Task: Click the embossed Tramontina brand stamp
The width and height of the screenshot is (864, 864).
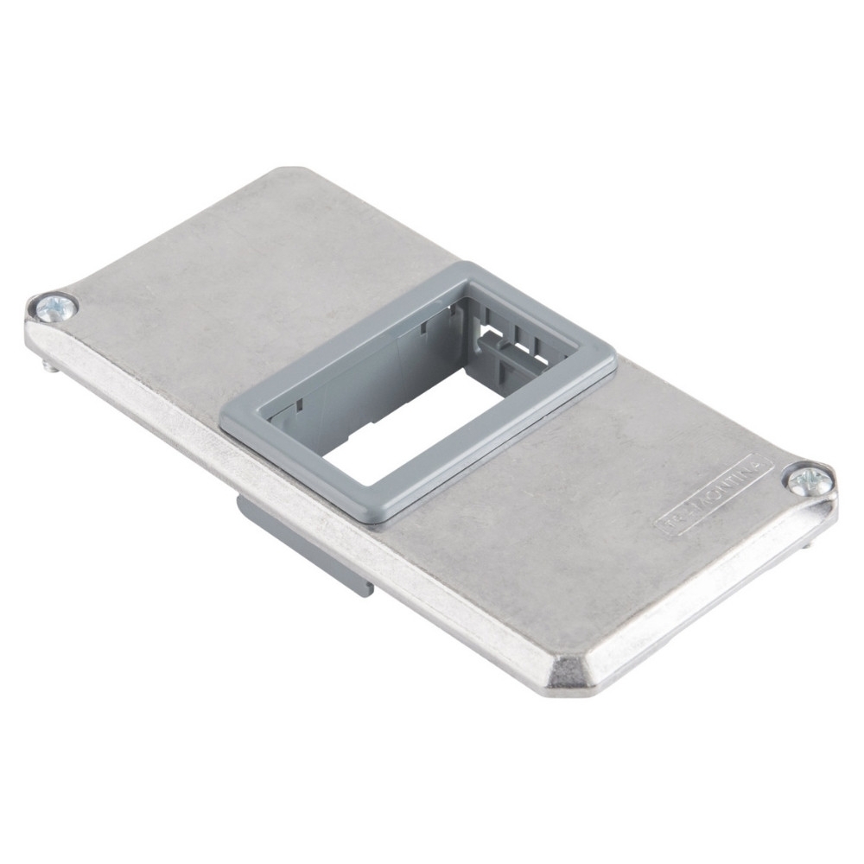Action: pyautogui.click(x=714, y=498)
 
